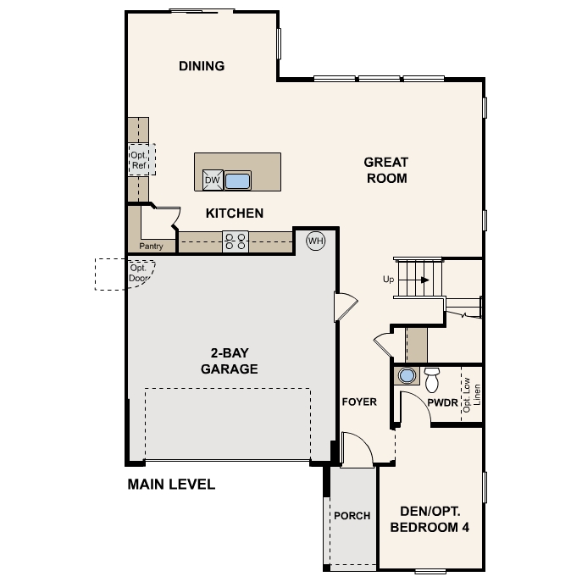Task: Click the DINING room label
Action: [202, 66]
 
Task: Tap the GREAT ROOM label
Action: [386, 170]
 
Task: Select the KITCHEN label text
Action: [235, 213]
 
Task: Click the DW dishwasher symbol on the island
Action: [213, 180]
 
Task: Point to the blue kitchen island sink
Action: [237, 181]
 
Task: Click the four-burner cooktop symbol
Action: [236, 241]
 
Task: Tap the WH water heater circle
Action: [315, 241]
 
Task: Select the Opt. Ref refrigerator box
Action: [141, 159]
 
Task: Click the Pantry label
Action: [151, 246]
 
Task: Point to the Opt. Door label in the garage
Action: [139, 273]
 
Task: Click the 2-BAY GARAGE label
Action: [230, 361]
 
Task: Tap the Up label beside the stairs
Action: [388, 279]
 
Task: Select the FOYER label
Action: [359, 402]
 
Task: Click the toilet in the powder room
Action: [432, 380]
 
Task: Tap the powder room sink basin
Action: [407, 375]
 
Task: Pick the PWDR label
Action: [442, 402]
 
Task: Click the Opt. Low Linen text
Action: [472, 395]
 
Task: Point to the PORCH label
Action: [352, 516]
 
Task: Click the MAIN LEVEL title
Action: [171, 485]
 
